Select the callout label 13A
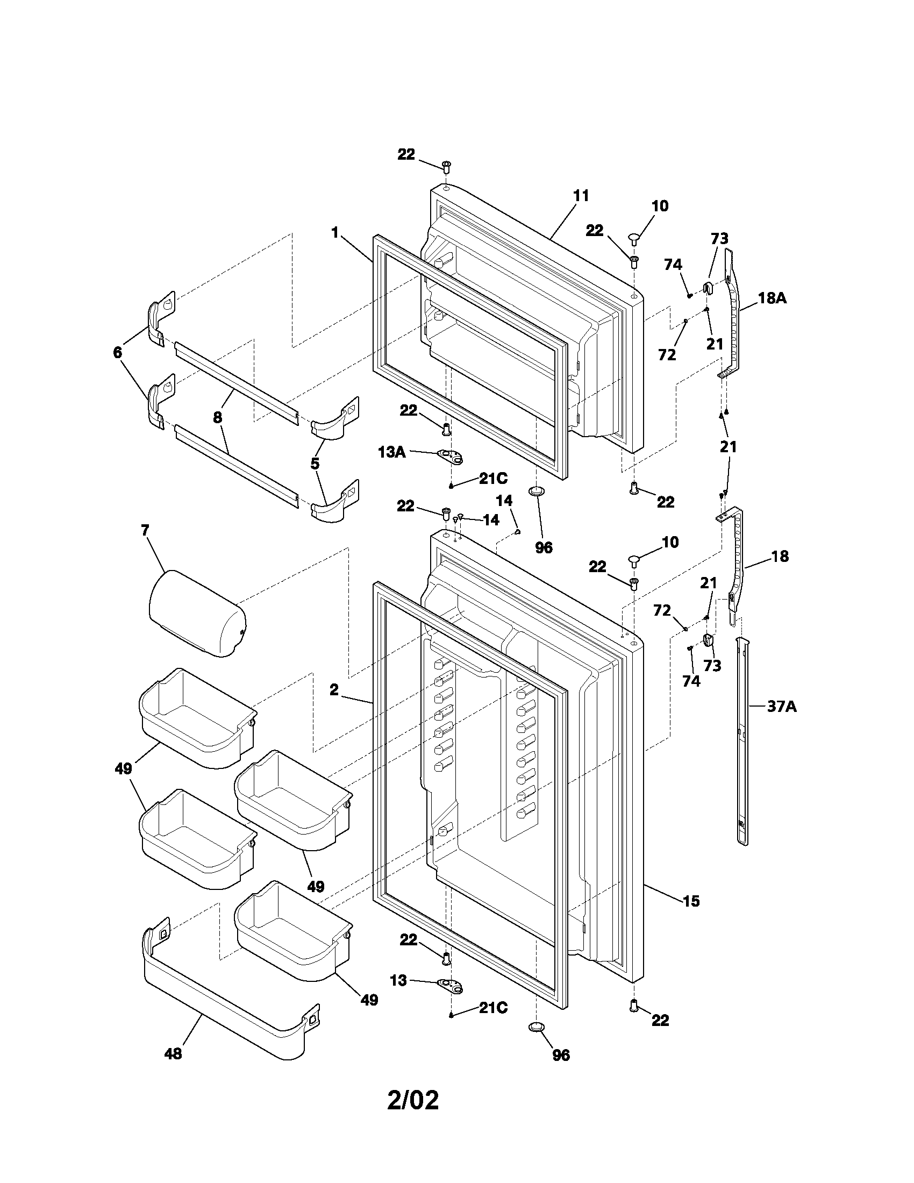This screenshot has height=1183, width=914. pos(391,452)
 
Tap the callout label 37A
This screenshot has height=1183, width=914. pos(782,707)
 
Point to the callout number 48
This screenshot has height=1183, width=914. pos(173,1053)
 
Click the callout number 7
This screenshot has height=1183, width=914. pos(145,530)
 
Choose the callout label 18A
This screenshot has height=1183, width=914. pos(772,298)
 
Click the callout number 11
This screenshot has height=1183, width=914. pos(581,196)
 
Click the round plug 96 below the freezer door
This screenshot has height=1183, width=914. pos(536,491)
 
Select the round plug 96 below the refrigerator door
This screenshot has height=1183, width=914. pos(536,1027)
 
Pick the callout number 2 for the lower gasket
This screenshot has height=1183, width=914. pos(333,689)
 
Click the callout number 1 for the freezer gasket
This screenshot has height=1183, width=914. pos(334,233)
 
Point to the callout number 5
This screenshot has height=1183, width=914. pos(315,464)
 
